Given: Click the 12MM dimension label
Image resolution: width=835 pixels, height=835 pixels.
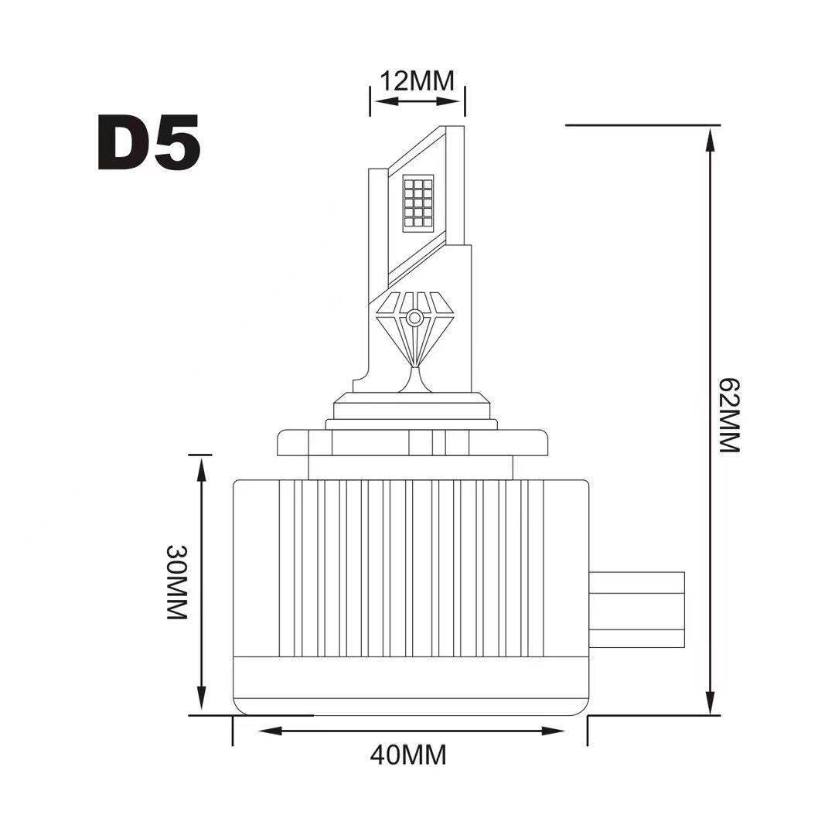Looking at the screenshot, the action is [417, 81].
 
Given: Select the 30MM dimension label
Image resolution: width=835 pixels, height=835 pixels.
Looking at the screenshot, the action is [177, 582].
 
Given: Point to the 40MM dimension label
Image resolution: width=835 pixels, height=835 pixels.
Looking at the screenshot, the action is [408, 755].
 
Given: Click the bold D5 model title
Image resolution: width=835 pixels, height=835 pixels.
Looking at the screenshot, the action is [149, 142].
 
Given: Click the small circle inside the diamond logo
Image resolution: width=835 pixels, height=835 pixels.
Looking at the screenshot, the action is [414, 319].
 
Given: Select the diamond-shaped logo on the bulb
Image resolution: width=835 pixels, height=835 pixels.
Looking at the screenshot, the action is [415, 329].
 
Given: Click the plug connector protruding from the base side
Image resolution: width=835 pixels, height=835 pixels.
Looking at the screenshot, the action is [636, 610].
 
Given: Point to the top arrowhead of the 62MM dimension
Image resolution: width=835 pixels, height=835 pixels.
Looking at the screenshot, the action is [709, 138].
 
